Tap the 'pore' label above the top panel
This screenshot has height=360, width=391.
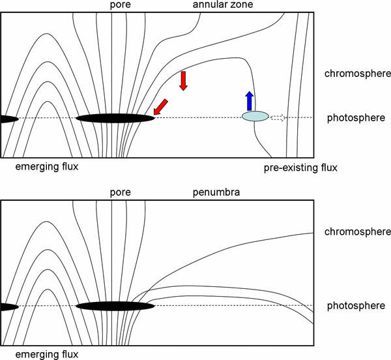[x=121, y=6]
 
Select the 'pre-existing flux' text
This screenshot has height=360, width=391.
[x=301, y=168]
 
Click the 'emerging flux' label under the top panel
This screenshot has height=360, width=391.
[x=46, y=166]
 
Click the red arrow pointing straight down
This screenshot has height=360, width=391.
[x=184, y=80]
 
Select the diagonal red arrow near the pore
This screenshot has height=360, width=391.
[x=160, y=106]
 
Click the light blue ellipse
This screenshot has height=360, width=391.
[x=255, y=117]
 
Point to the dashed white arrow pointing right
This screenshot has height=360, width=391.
[x=278, y=117]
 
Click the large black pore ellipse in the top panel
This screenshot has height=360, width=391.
[x=115, y=118]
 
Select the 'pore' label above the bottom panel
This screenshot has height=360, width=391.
[x=121, y=193]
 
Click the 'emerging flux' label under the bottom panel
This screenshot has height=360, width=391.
[x=46, y=354]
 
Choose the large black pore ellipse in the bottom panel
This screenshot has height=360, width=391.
[x=115, y=305]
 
